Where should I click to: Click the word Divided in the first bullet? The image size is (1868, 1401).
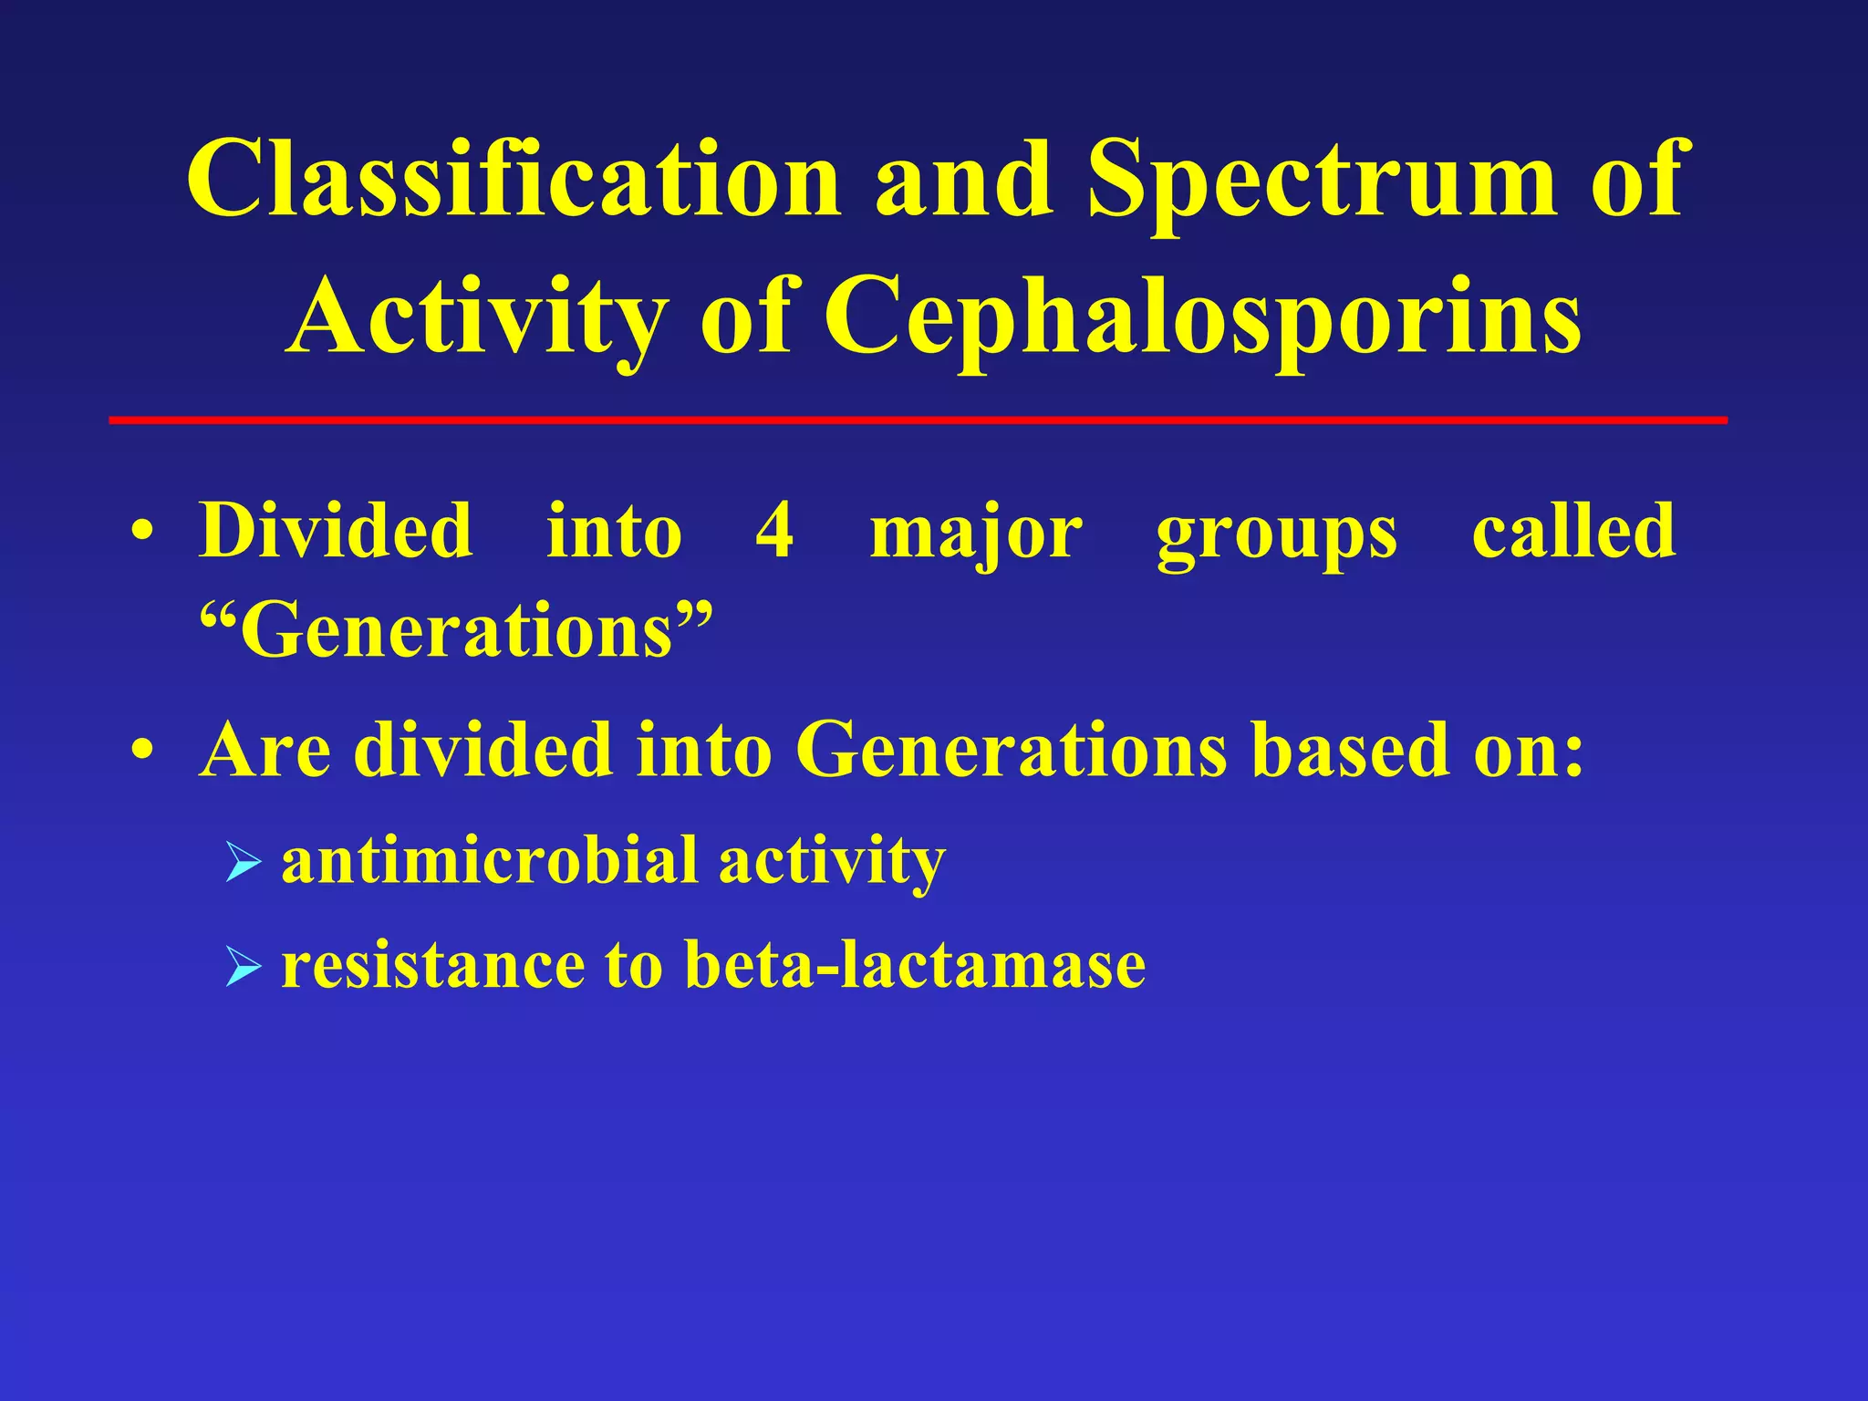pos(336,532)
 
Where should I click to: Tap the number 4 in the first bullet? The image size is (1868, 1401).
pos(774,532)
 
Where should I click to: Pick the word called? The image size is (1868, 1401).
pos(1573,531)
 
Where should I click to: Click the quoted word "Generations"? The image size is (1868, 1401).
pos(455,631)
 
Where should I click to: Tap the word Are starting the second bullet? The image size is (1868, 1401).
pos(265,750)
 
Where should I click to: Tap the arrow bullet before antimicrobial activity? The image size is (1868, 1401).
pos(243,862)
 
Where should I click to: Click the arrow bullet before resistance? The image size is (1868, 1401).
pos(243,967)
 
